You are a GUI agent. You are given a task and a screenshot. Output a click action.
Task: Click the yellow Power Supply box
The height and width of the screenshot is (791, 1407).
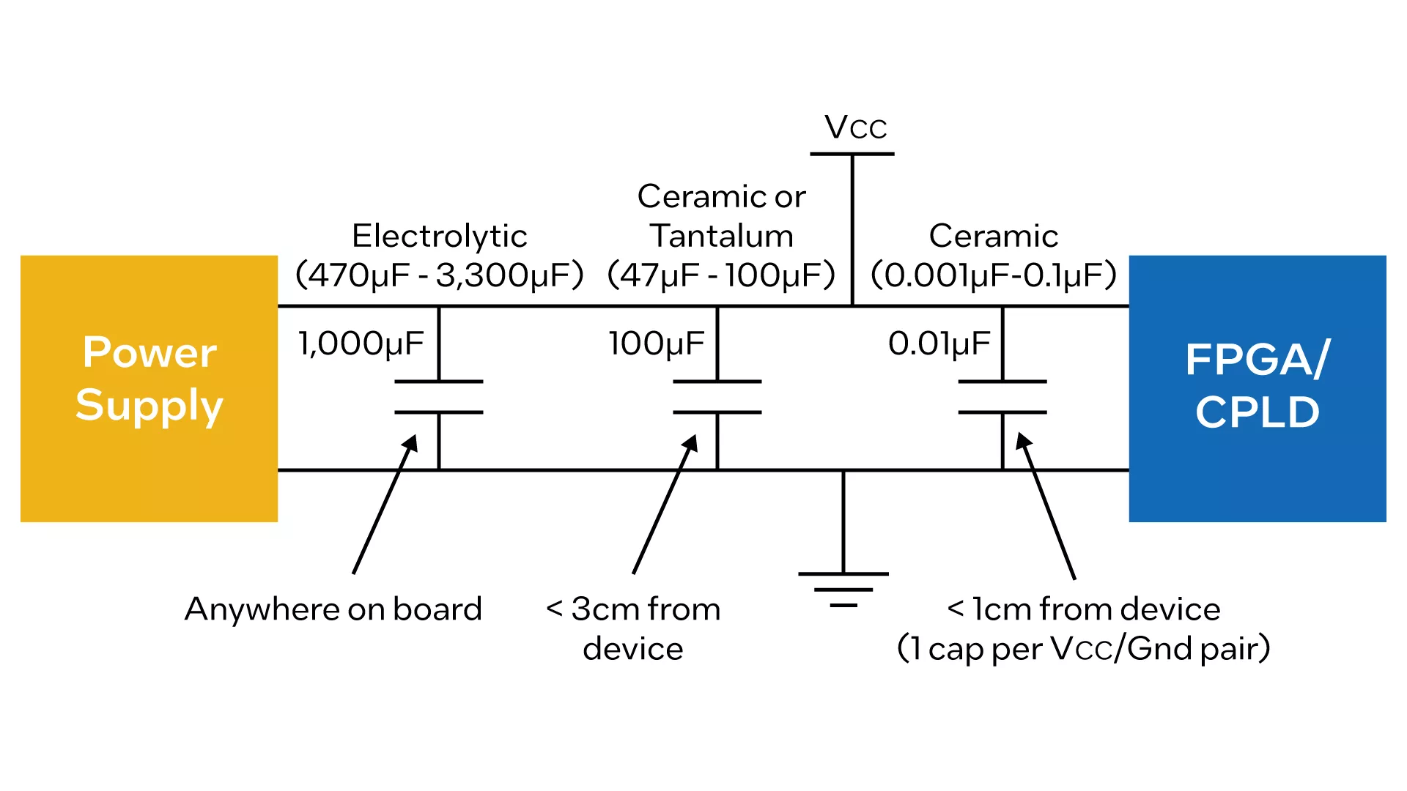pos(149,388)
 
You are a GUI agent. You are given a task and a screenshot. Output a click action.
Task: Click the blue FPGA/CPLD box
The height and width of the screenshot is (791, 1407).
pos(1258,388)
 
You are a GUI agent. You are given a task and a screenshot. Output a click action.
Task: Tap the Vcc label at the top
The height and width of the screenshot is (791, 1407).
pos(856,127)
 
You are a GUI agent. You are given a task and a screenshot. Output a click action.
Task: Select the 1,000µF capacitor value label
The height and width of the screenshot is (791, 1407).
pos(361,343)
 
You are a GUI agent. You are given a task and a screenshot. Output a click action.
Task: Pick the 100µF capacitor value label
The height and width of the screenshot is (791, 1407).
pos(656,343)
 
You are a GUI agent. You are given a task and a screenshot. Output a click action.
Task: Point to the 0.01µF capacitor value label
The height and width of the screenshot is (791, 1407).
pos(939,343)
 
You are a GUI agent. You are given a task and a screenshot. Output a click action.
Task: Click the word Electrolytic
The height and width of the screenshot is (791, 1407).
pos(440,237)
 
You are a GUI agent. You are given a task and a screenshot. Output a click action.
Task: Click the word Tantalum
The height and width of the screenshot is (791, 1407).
pos(722,236)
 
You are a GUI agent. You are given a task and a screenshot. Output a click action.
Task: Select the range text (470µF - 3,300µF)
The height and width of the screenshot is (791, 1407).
pos(439,275)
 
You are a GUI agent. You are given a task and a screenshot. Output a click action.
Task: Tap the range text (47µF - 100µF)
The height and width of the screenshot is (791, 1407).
pos(722,275)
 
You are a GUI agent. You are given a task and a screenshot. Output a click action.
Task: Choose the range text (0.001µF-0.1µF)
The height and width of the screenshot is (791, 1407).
pos(994,275)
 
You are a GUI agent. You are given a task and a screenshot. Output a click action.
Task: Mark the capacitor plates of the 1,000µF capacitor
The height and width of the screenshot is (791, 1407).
pos(439,397)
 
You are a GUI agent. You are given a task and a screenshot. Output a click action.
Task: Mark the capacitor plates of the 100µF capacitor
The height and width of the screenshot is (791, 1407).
pos(717,397)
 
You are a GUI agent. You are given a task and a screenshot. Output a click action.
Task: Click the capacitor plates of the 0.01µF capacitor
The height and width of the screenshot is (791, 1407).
pos(1002,397)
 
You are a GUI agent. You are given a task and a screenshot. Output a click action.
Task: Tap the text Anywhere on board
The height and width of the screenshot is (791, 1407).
pos(333,609)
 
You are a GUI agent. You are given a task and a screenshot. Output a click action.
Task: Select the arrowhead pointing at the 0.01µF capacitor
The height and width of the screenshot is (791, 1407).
pos(1023,442)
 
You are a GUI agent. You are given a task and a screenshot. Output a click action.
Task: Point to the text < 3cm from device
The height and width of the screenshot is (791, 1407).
pos(633,629)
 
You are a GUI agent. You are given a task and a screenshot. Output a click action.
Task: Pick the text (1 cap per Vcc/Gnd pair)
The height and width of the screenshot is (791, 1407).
pos(1084,649)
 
